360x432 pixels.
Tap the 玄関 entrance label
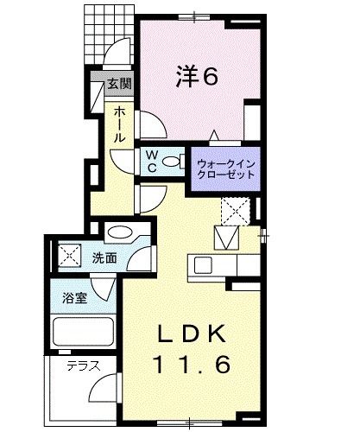(118, 86)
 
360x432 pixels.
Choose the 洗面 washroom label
(104, 257)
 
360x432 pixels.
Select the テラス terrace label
(84, 365)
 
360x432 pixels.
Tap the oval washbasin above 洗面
(120, 233)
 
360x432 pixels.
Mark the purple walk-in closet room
(226, 164)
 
